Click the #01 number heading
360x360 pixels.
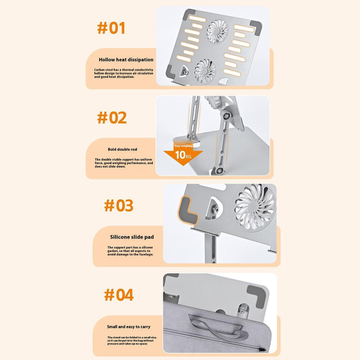(111, 28)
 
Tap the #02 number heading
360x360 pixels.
(112, 117)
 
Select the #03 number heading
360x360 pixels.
(119, 206)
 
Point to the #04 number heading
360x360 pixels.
(119, 295)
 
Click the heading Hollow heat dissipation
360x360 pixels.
(126, 60)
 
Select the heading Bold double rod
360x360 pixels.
(122, 149)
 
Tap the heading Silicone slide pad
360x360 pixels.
(132, 237)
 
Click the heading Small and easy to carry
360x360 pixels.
(129, 327)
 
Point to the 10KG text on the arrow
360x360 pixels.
(183, 155)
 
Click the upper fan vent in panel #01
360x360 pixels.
(217, 31)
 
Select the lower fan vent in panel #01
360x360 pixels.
(205, 71)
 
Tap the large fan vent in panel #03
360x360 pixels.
(254, 207)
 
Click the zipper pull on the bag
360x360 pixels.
(262, 350)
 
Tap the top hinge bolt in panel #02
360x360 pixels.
(227, 116)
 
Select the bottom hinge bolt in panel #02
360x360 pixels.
(220, 171)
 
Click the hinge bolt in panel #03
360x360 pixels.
(215, 209)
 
